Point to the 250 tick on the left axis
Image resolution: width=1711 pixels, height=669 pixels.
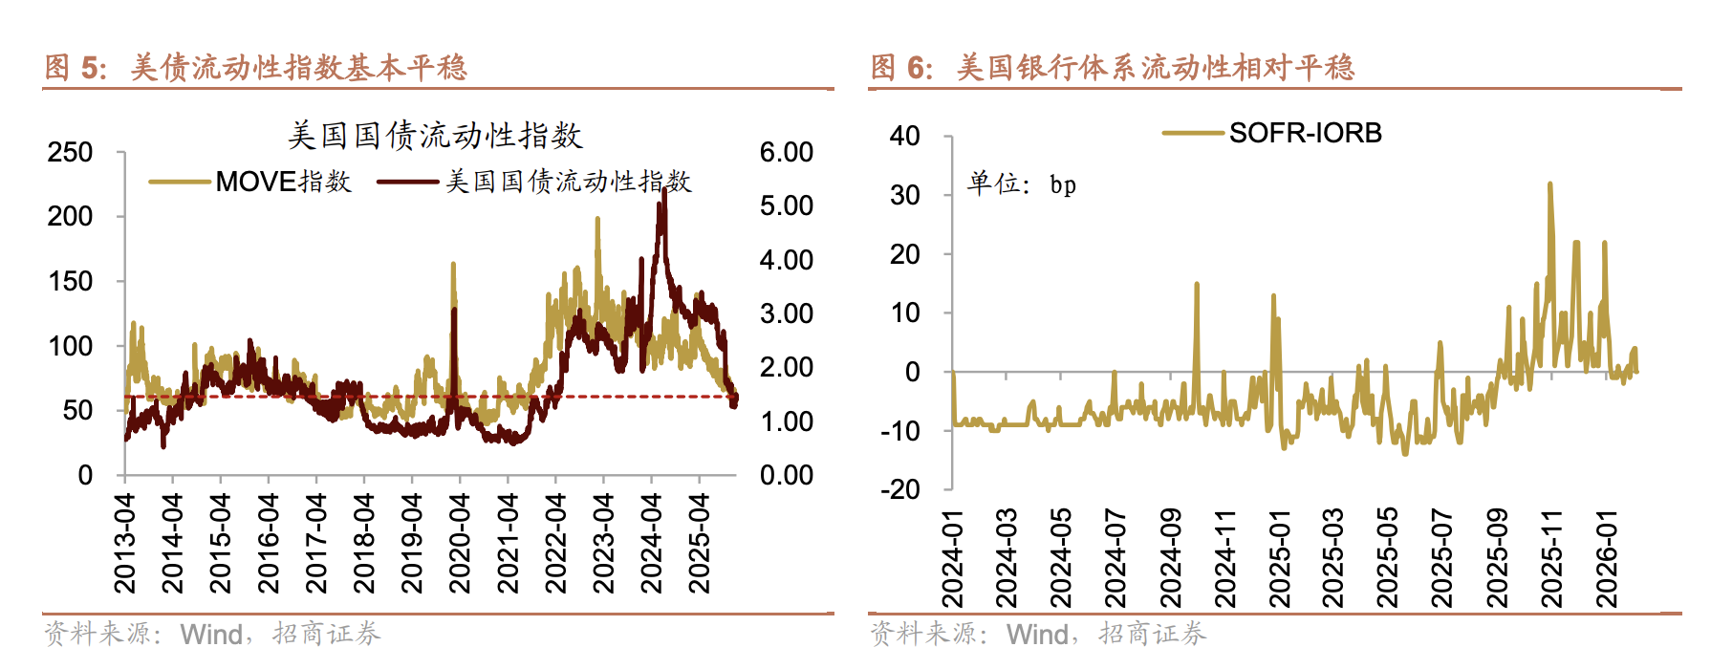tap(71, 152)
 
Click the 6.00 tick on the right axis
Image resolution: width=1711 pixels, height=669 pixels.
tap(786, 152)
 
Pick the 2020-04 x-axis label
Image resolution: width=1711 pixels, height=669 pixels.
tap(460, 543)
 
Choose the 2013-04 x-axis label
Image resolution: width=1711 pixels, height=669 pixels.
tap(125, 543)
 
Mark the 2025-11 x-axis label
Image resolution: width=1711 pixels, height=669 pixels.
tap(1551, 558)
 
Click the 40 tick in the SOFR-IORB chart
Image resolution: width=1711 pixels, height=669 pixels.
tap(904, 136)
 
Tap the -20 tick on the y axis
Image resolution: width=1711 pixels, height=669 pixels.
tap(900, 489)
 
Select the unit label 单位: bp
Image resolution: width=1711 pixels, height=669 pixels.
tap(1021, 183)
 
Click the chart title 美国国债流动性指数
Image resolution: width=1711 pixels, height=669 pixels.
tap(435, 135)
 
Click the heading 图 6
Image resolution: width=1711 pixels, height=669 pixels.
tap(899, 67)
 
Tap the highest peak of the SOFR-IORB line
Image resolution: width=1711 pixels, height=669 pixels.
tap(1549, 184)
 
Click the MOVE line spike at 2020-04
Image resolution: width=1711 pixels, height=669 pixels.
tap(453, 265)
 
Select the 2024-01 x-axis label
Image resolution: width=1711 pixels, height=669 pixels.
tap(952, 558)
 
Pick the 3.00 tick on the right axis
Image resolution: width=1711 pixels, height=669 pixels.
tap(786, 313)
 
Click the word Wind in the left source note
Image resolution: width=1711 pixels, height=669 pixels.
tap(211, 634)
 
